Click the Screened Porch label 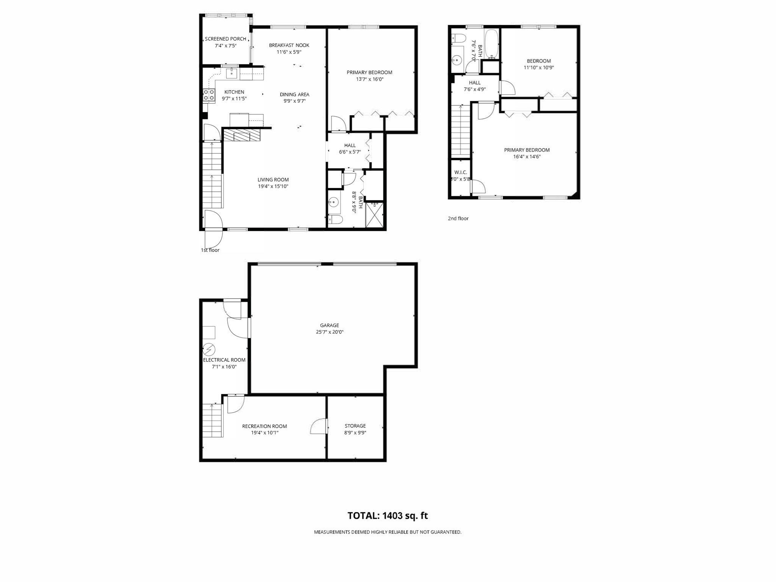[225, 39]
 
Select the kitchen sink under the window [232, 73]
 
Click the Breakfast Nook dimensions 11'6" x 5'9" [289, 52]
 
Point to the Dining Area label [294, 94]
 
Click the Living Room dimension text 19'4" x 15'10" [273, 186]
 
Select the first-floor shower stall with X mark [374, 215]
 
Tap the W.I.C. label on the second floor [460, 172]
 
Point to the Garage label [329, 325]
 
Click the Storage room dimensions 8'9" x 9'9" [355, 433]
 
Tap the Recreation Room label [264, 426]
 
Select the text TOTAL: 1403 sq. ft [388, 516]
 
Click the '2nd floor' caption [458, 219]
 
